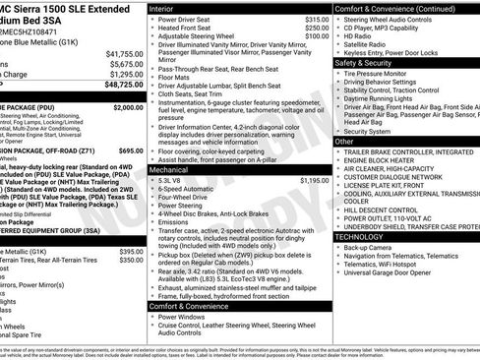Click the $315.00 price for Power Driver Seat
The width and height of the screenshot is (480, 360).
click(x=316, y=19)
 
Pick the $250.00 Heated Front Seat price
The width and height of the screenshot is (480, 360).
click(x=316, y=28)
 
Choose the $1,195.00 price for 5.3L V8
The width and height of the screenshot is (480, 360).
click(x=314, y=180)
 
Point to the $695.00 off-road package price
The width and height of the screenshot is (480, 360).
click(x=130, y=150)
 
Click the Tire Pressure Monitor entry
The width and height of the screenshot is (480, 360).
click(x=382, y=72)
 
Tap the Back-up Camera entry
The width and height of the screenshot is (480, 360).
click(x=367, y=247)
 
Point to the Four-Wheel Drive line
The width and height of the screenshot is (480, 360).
click(x=184, y=198)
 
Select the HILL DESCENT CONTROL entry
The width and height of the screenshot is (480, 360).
click(x=383, y=209)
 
